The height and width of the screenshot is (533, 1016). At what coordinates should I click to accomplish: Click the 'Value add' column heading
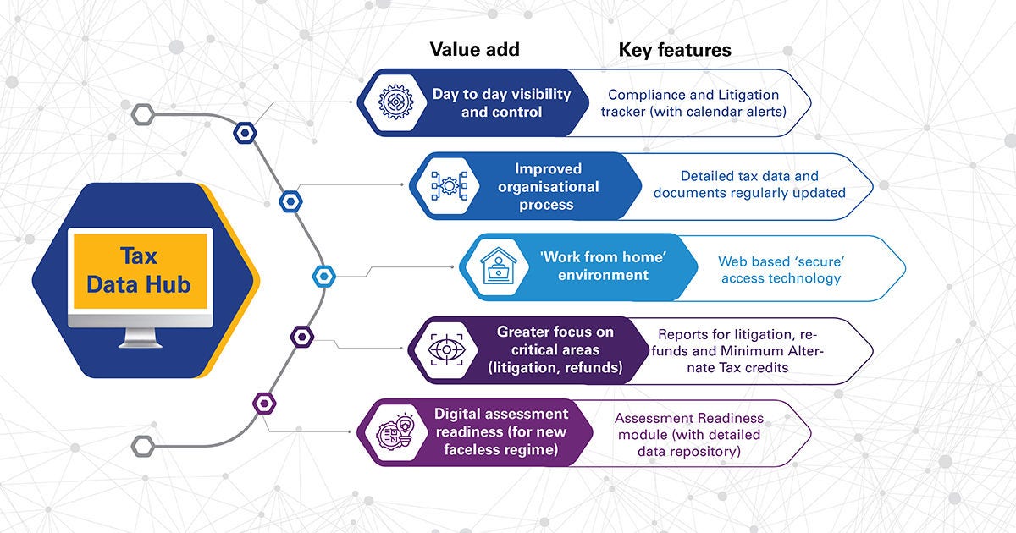coord(474,49)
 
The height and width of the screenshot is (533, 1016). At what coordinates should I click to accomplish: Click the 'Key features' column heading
coord(674,50)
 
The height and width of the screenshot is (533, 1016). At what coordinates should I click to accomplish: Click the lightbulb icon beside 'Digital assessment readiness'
coord(393,432)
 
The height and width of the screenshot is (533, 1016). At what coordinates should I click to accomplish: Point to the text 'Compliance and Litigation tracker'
coord(693,103)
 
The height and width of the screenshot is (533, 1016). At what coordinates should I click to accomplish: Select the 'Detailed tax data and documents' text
coord(749,184)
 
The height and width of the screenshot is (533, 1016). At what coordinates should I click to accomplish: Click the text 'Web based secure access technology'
coord(780,270)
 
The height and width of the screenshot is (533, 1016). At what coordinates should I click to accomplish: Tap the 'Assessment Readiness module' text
coord(688,435)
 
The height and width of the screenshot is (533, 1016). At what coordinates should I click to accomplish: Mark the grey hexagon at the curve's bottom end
coord(142,445)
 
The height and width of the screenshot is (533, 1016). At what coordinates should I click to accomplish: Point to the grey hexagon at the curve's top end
coord(142,113)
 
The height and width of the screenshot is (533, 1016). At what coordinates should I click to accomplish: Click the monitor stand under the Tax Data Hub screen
coord(140,338)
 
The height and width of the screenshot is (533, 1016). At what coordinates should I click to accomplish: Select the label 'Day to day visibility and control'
coord(502,102)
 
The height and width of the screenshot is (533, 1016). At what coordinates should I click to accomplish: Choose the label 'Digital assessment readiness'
coord(501,432)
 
